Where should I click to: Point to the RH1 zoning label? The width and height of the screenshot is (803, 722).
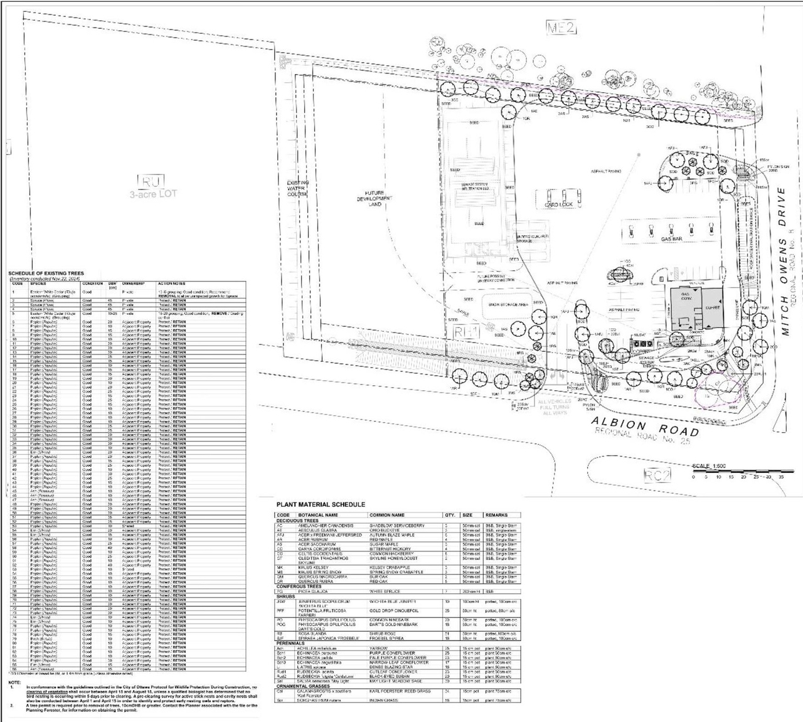466,331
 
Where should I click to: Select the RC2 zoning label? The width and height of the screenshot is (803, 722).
657,474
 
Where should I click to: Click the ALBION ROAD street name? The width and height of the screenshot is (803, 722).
646,425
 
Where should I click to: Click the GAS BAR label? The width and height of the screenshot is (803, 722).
670,239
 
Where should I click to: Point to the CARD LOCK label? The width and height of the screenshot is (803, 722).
558,204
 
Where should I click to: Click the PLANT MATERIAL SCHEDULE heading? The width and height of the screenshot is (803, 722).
320,504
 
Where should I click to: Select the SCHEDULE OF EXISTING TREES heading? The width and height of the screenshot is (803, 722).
46,273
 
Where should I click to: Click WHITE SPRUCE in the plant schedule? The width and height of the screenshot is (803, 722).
384,591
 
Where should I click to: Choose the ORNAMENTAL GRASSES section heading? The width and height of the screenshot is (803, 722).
304,686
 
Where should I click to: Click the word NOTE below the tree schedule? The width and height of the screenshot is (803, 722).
14,682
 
